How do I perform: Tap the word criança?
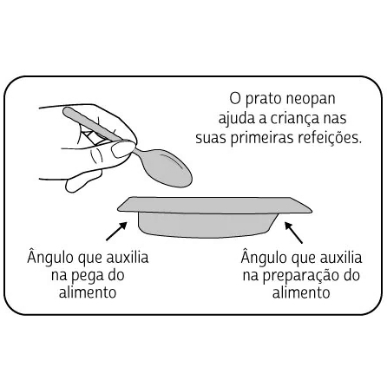pos(294,119)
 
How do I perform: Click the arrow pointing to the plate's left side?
pos(116,231)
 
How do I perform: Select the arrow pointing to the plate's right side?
pos(293,233)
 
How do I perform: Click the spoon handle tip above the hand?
pos(66,111)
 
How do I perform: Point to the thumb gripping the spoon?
pos(123,148)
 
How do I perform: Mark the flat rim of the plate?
pos(214,205)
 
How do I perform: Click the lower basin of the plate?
pos(207,226)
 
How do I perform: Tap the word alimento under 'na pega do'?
pos(88,292)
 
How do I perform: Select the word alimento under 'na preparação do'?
pos(301,292)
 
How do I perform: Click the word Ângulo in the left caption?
pos(50,257)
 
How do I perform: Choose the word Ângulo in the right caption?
pos(264,257)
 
